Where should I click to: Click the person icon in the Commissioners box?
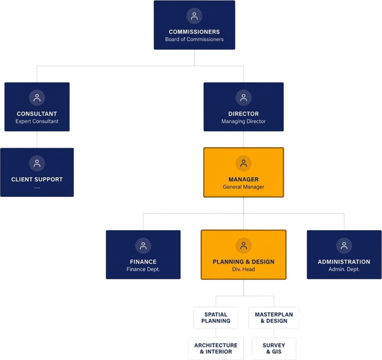[x=194, y=16]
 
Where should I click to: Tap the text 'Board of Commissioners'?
[x=194, y=39]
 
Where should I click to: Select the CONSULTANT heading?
[x=37, y=114]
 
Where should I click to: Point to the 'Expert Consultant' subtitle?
[x=37, y=121]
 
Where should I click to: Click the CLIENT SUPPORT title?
[x=37, y=179]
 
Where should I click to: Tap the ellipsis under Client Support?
[x=37, y=187]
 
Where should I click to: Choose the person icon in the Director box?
[x=244, y=98]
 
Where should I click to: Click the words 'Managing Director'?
[x=244, y=121]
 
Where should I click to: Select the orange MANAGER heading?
[x=244, y=179]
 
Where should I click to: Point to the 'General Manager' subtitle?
[x=244, y=187]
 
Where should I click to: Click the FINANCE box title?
[x=143, y=262]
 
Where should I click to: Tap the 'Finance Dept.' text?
[x=143, y=269]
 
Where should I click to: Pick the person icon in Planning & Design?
[x=244, y=246]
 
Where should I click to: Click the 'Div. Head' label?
[x=244, y=269]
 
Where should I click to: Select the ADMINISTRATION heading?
[x=344, y=262]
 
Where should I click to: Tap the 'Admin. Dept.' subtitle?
[x=344, y=269]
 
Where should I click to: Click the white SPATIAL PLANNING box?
[x=216, y=318]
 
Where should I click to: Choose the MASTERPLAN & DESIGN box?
[x=274, y=318]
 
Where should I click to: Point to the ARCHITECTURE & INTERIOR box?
[x=216, y=348]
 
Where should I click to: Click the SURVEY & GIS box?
[x=274, y=348]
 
